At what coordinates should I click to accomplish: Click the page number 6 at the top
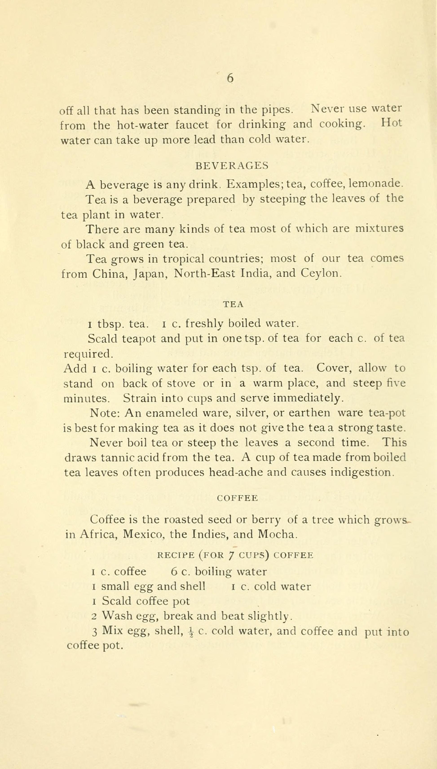230,78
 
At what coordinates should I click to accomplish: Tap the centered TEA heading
233,304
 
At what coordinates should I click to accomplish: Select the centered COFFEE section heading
237,498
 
